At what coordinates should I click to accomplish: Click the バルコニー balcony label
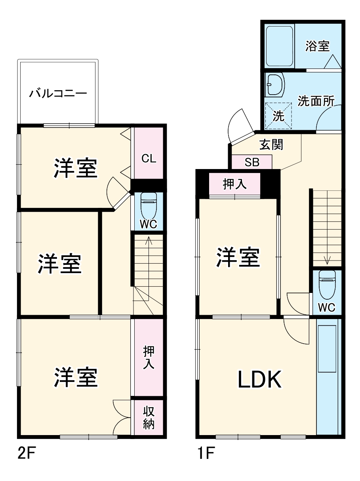pyautogui.click(x=58, y=94)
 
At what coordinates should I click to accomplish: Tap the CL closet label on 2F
pyautogui.click(x=149, y=159)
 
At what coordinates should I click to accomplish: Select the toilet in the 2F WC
pyautogui.click(x=149, y=203)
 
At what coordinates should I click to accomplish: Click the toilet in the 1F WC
pyautogui.click(x=327, y=284)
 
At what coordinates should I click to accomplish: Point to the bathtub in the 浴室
pyautogui.click(x=279, y=46)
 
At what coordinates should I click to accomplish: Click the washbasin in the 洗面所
pyautogui.click(x=275, y=85)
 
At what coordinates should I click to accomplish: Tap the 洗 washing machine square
pyautogui.click(x=278, y=116)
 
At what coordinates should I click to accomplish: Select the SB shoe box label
pyautogui.click(x=252, y=162)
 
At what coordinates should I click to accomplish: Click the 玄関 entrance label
pyautogui.click(x=271, y=144)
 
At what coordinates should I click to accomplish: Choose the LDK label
pyautogui.click(x=259, y=379)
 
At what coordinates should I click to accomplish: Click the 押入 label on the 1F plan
pyautogui.click(x=234, y=184)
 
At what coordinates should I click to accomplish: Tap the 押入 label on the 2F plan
pyautogui.click(x=149, y=357)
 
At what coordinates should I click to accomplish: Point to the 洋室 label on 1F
pyautogui.click(x=238, y=257)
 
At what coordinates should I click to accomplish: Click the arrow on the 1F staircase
pyautogui.click(x=327, y=260)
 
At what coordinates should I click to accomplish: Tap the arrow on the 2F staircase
pyautogui.click(x=148, y=240)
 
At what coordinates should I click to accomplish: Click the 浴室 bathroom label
pyautogui.click(x=317, y=46)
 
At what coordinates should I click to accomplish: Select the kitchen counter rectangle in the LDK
pyautogui.click(x=327, y=348)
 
